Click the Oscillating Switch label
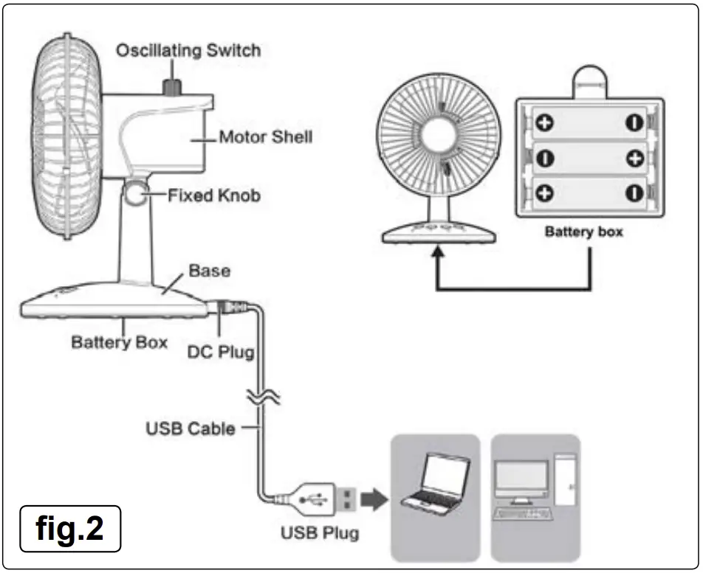click(x=188, y=51)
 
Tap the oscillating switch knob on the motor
click(x=172, y=86)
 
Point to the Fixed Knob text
click(x=213, y=196)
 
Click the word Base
click(x=210, y=271)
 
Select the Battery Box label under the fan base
click(x=119, y=342)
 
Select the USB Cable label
click(x=191, y=428)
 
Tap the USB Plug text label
click(x=319, y=532)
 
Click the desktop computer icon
click(x=535, y=487)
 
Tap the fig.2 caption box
click(x=70, y=528)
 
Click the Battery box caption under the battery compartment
click(x=583, y=232)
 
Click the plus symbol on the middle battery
click(x=634, y=159)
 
